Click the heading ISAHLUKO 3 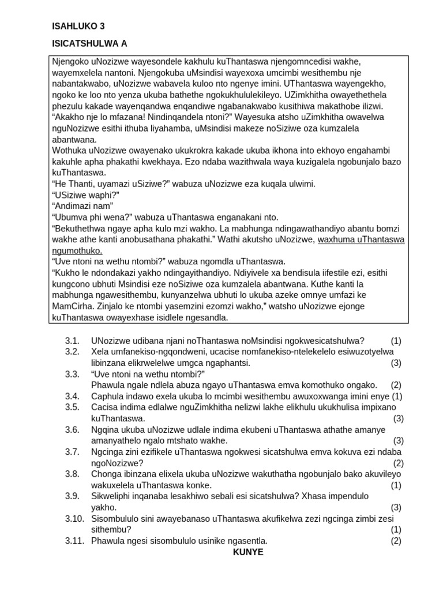[78, 26]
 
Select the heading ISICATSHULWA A [89, 43]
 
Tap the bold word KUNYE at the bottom [248, 552]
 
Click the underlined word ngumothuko [78, 250]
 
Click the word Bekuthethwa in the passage [80, 229]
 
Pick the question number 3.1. [72, 341]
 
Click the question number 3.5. [72, 407]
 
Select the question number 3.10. [74, 518]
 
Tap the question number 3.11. [74, 541]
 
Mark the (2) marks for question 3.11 [396, 541]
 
